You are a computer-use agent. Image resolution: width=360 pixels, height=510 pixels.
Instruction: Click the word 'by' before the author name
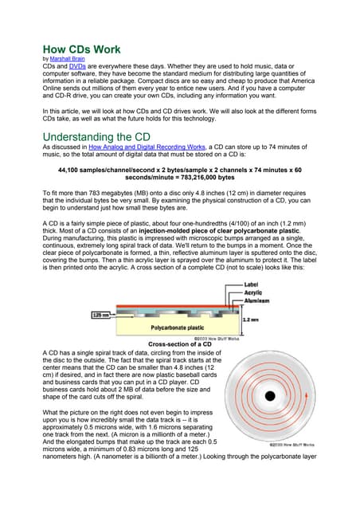(x=45, y=58)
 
